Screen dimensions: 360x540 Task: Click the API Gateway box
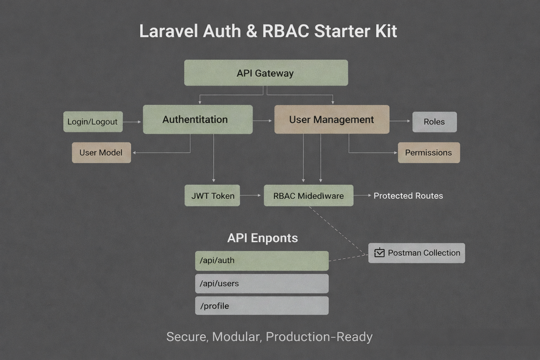click(x=266, y=73)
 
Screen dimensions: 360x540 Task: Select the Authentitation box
click(x=197, y=119)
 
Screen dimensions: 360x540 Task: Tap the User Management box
click(x=332, y=119)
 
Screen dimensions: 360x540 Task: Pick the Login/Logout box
click(x=93, y=122)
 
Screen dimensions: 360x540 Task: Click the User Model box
click(x=102, y=153)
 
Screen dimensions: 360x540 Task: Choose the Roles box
click(x=434, y=122)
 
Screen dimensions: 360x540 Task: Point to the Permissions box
click(x=428, y=153)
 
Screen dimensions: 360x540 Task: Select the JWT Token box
click(x=213, y=196)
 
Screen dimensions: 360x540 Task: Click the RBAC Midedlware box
click(x=308, y=196)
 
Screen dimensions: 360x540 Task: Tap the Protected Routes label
click(x=408, y=196)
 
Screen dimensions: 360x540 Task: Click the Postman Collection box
click(x=416, y=253)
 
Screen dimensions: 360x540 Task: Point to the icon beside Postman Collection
click(x=379, y=253)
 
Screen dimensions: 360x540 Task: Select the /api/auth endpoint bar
click(x=262, y=261)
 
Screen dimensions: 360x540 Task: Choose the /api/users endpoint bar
click(x=262, y=283)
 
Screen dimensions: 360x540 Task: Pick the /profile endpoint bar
click(x=262, y=306)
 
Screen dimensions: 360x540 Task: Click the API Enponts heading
click(x=262, y=238)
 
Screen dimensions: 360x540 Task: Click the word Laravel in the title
click(x=169, y=31)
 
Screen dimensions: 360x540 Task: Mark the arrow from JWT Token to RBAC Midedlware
click(x=251, y=196)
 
